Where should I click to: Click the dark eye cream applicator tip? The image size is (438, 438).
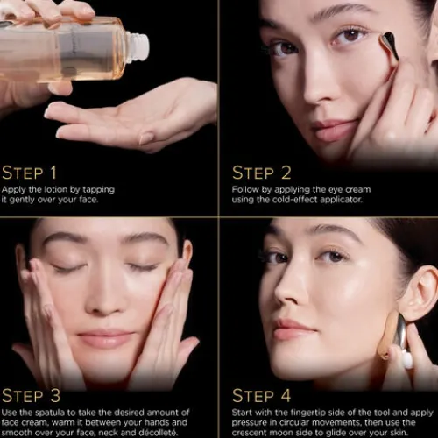389,46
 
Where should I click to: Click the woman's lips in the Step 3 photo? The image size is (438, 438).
105,337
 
